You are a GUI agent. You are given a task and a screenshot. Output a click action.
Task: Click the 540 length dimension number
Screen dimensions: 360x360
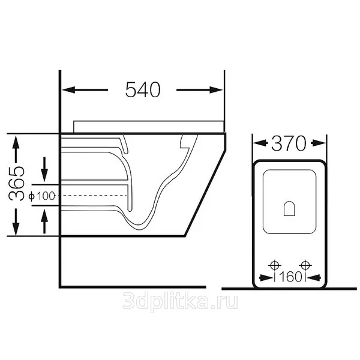click(143, 89)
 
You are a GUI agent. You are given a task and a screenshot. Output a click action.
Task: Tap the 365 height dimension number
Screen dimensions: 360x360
click(16, 184)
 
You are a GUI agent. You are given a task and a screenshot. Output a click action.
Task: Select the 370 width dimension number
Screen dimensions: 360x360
click(289, 143)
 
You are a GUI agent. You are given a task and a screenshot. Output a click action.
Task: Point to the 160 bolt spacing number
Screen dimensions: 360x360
click(290, 277)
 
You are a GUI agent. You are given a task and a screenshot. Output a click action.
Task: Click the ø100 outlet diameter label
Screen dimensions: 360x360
click(42, 196)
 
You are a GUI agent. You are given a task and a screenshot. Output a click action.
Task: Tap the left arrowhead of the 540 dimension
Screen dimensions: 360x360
click(68, 90)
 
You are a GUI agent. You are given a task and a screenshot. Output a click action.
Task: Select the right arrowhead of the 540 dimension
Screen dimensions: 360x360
click(216, 90)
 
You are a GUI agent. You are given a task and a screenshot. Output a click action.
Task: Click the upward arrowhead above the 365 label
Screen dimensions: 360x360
click(16, 142)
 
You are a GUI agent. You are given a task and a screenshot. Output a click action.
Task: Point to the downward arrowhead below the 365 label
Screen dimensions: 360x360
click(16, 229)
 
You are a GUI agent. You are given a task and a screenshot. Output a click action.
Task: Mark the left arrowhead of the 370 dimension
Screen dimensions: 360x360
click(260, 143)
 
